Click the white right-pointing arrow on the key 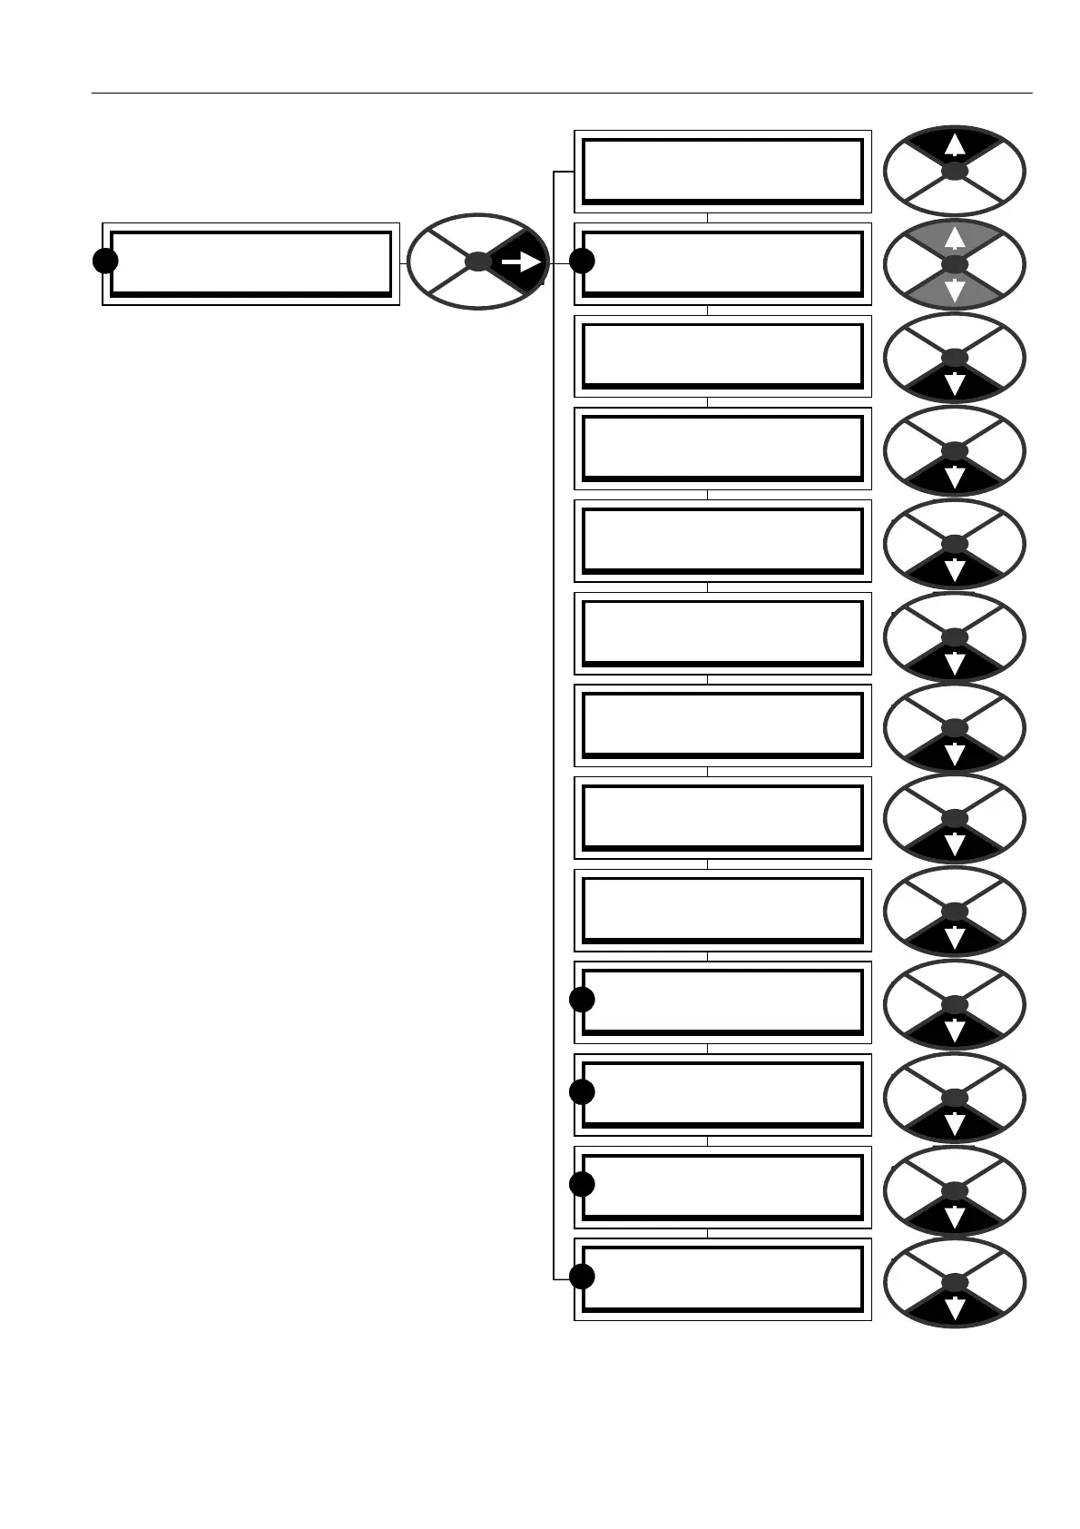click(x=521, y=261)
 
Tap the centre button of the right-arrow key click(x=477, y=261)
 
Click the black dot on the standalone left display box click(x=105, y=261)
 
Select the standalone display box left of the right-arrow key click(x=250, y=263)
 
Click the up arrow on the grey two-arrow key click(x=954, y=239)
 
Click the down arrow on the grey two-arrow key click(x=954, y=291)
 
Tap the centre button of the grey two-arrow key click(x=954, y=264)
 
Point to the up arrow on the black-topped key click(x=954, y=145)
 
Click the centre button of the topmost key click(x=954, y=171)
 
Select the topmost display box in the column click(x=722, y=171)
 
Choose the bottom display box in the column click(x=722, y=1278)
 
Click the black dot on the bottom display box click(x=582, y=1276)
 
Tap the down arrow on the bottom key click(x=954, y=1308)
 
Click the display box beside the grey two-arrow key click(x=722, y=263)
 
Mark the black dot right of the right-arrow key click(x=582, y=261)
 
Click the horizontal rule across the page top click(x=562, y=93)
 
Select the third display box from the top click(x=722, y=356)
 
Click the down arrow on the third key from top click(x=954, y=384)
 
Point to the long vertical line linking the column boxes click(x=554, y=726)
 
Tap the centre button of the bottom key click(x=954, y=1282)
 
